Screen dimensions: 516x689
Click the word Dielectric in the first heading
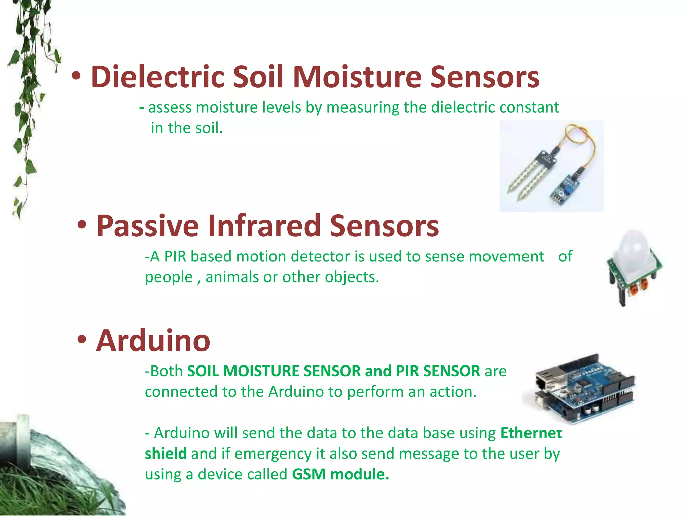(x=157, y=77)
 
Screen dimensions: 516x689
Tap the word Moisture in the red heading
(x=357, y=77)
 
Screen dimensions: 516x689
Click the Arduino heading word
(x=153, y=341)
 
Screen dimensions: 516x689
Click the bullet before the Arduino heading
(x=82, y=340)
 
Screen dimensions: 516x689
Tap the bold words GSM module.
(x=340, y=474)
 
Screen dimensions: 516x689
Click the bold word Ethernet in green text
(x=531, y=433)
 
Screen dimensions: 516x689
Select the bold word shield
(x=166, y=454)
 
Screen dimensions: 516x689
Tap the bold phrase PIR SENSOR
(x=438, y=371)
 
